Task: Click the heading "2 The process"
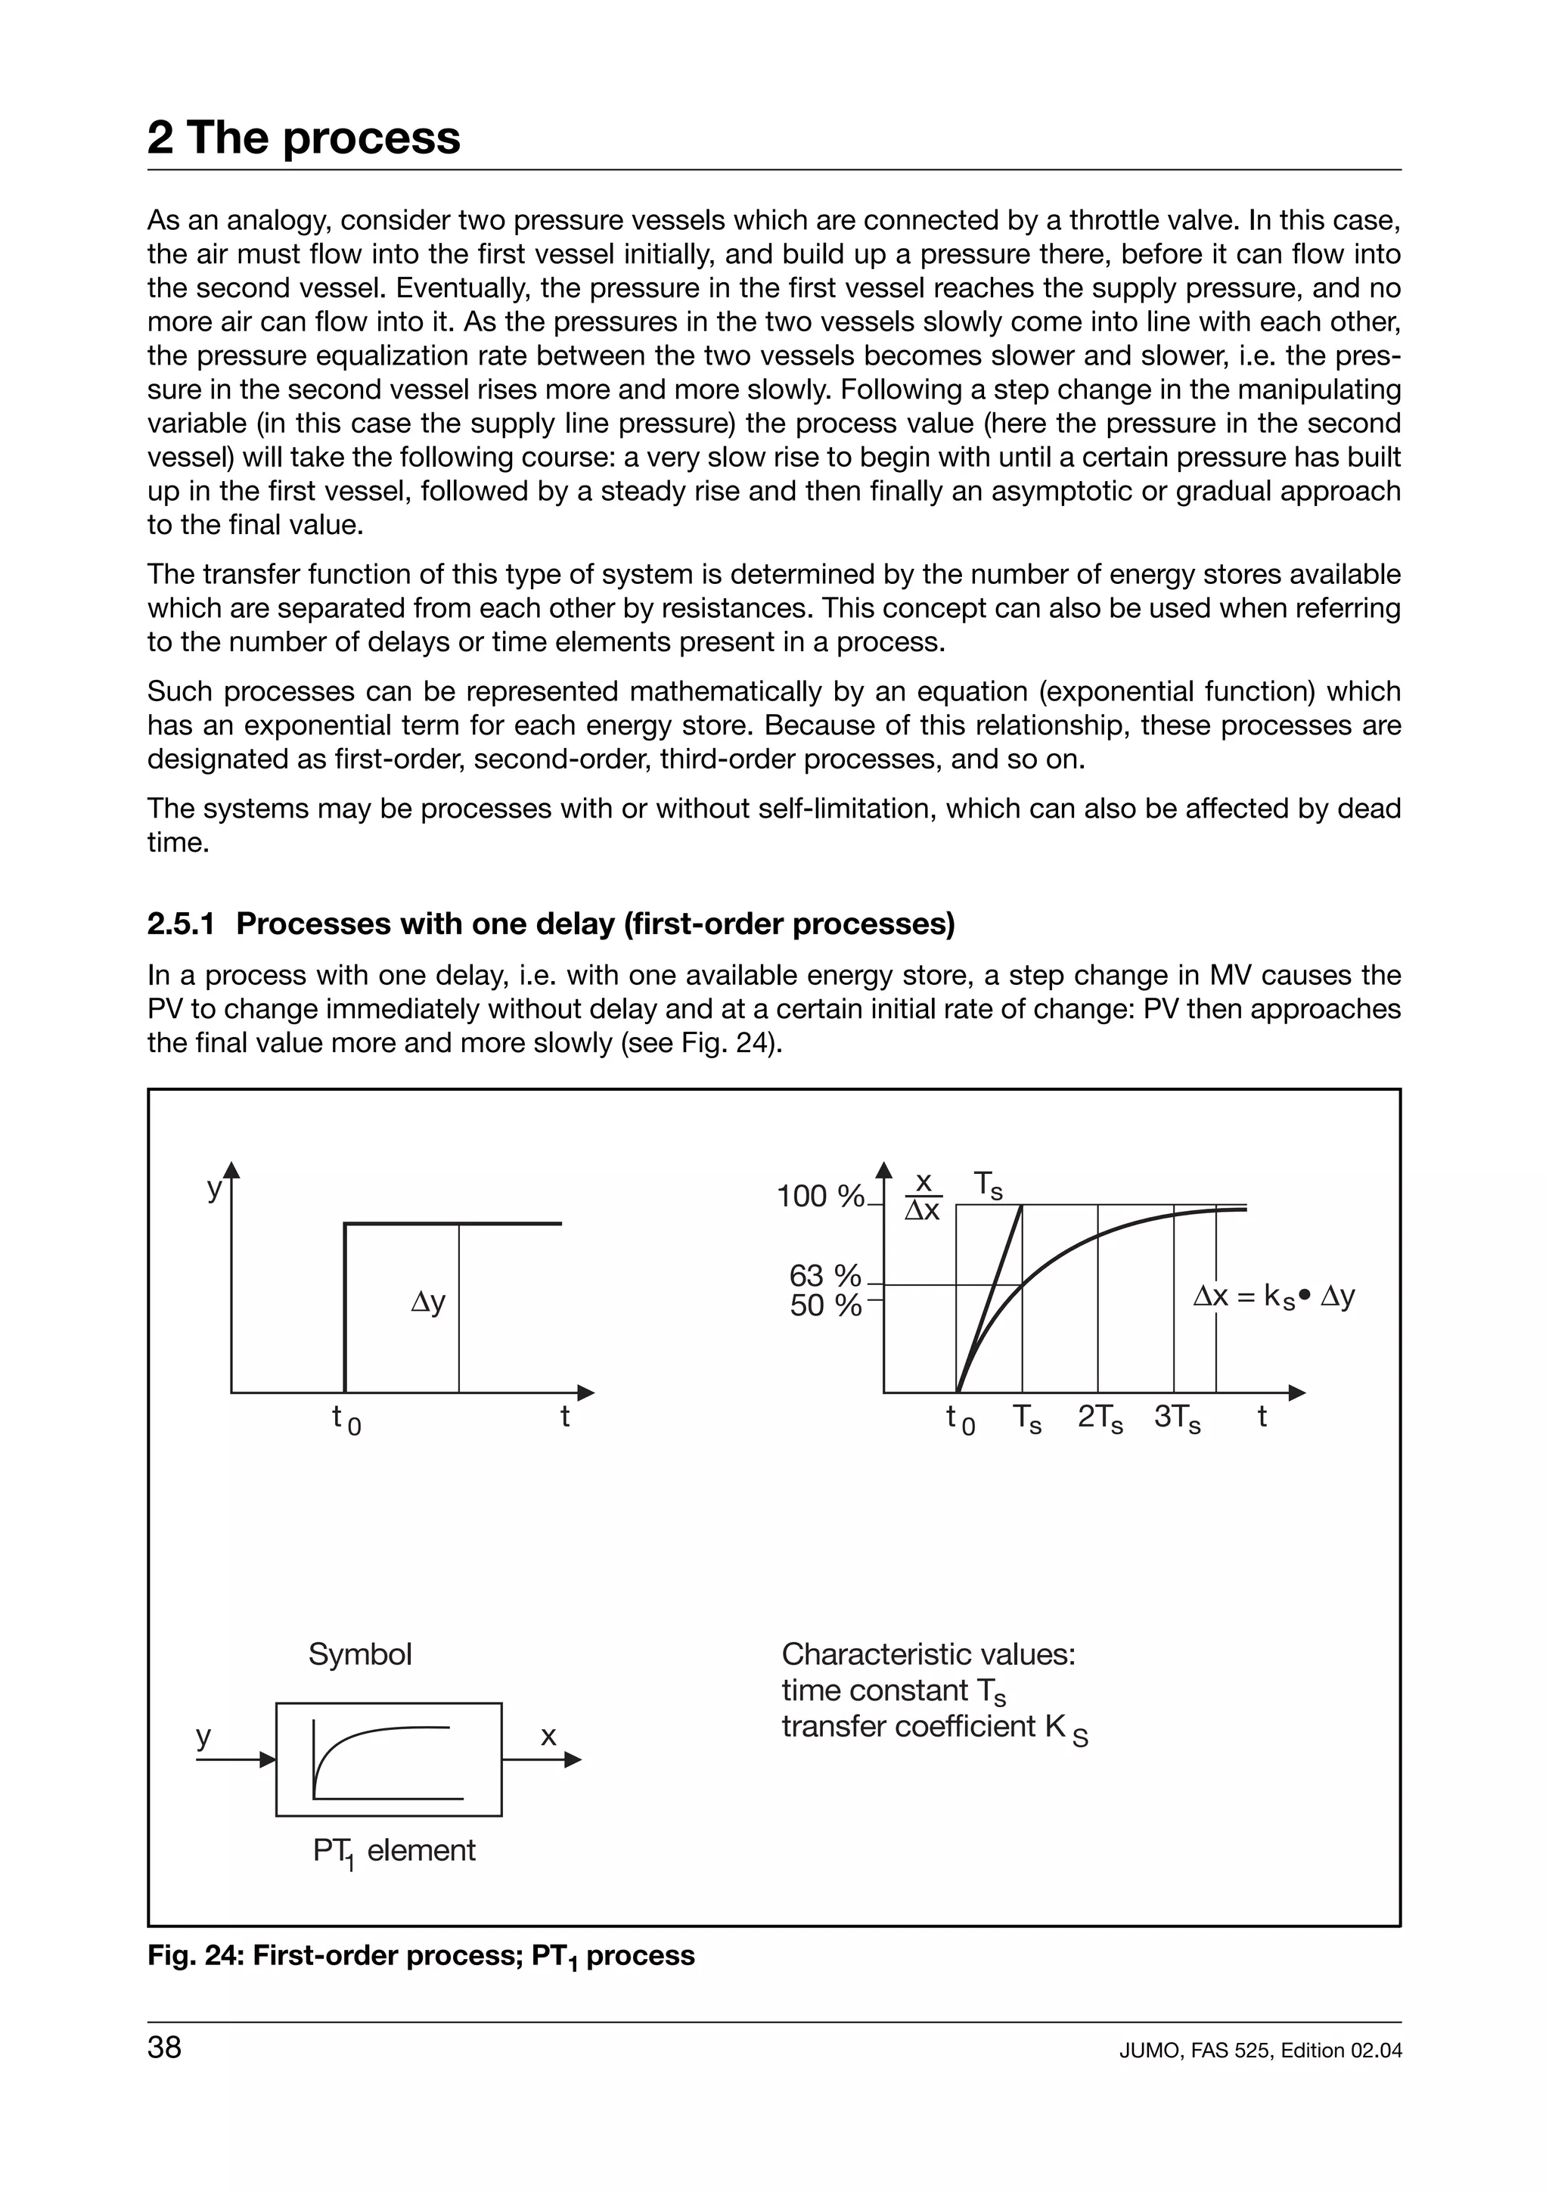point(303,138)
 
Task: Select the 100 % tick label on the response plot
point(820,1197)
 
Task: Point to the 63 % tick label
point(824,1275)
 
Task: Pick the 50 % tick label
point(824,1305)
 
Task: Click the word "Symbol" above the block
point(360,1653)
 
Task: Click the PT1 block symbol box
point(389,1759)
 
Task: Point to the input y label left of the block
point(203,1737)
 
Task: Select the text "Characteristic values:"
point(928,1653)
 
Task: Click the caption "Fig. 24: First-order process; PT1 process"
point(421,1955)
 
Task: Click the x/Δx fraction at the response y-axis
point(923,1197)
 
